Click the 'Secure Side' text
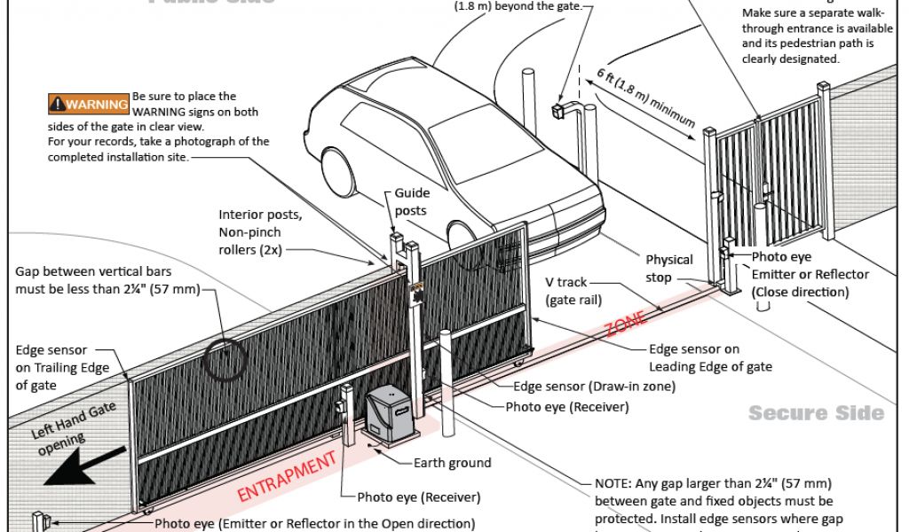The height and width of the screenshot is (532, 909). [816, 413]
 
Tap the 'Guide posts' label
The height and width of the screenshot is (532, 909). [411, 201]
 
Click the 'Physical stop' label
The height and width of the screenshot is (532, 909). [669, 268]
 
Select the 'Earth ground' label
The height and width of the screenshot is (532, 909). [452, 463]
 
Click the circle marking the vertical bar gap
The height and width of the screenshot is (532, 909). [222, 358]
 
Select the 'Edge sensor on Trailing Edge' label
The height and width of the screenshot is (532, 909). [62, 367]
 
